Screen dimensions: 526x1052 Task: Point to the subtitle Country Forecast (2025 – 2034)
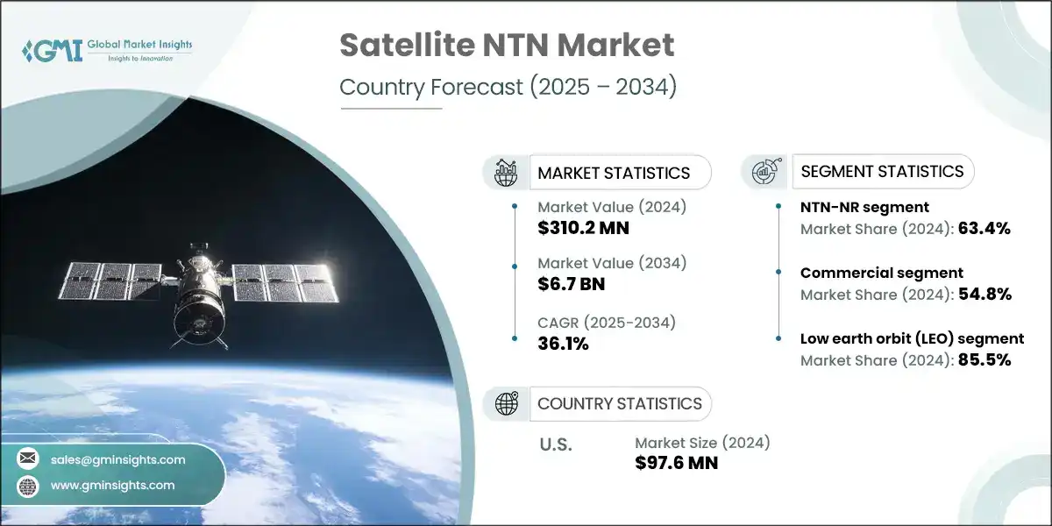[x=508, y=88]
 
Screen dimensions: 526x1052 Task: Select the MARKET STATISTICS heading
[x=613, y=173]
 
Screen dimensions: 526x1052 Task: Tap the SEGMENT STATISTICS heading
[x=882, y=171]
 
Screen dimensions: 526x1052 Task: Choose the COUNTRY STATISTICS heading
[x=619, y=403]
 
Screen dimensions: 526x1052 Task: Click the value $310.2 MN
[x=584, y=229]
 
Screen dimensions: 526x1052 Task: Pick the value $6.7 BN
[x=571, y=284]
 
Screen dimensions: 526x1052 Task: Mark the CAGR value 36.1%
[x=563, y=343]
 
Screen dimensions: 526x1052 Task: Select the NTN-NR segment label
[x=864, y=208]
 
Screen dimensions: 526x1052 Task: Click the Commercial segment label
[x=881, y=273]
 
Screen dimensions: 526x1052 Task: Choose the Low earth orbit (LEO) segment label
[x=912, y=338]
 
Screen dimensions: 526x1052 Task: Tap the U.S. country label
[x=555, y=444]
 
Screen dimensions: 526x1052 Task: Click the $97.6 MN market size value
[x=676, y=463]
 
